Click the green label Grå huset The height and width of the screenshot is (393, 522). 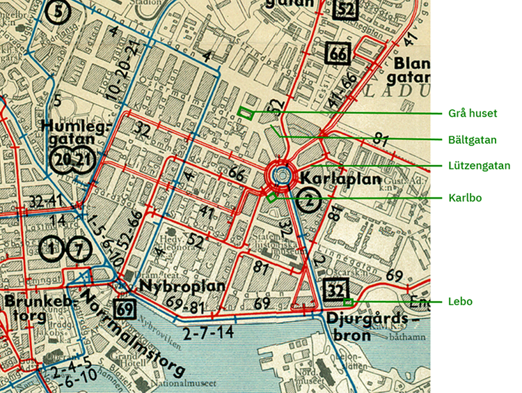[x=473, y=113]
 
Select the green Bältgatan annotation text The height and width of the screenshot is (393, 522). [x=473, y=139]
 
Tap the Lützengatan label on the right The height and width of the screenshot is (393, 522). [x=479, y=166]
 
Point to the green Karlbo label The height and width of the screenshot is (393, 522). [x=465, y=198]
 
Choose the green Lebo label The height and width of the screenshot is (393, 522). [x=461, y=301]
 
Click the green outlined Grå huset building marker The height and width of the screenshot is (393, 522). [x=245, y=112]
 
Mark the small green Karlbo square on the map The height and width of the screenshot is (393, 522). [x=271, y=197]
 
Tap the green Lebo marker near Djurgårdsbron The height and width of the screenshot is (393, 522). [x=348, y=302]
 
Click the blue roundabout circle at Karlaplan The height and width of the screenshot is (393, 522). [x=281, y=176]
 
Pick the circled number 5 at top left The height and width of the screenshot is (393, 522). [x=60, y=12]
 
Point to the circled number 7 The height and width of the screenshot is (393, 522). [x=79, y=248]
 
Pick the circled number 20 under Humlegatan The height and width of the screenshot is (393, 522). [x=63, y=160]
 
